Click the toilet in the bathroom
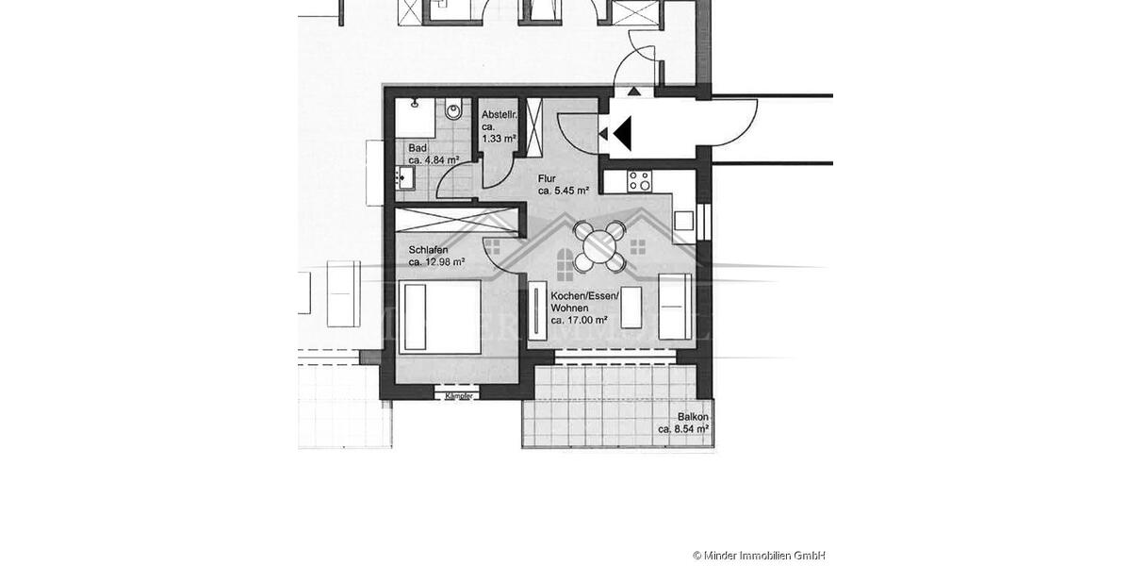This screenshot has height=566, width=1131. (x=454, y=111)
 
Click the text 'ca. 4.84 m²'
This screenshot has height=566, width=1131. (x=433, y=160)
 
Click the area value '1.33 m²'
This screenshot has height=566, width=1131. (x=500, y=139)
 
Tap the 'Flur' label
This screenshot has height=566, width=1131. (x=547, y=177)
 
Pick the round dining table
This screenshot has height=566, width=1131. (x=597, y=247)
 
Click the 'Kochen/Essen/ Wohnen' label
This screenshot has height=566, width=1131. (x=584, y=302)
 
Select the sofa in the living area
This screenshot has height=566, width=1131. (x=675, y=307)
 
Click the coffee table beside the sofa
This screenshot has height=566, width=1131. (x=631, y=308)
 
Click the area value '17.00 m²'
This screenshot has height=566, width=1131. (x=584, y=321)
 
